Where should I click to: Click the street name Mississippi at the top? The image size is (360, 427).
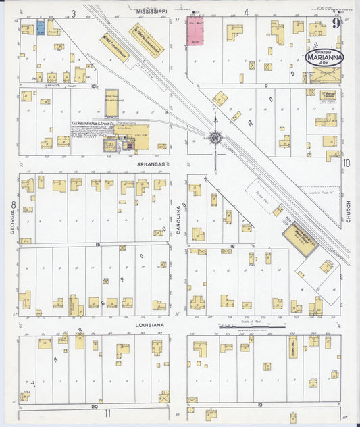coord(153,12)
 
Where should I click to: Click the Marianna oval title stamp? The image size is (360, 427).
coord(324,58)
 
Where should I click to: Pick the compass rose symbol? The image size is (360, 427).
coord(215,139)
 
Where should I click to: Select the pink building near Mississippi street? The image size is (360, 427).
coord(195,30)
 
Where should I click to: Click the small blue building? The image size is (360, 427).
coord(41,29)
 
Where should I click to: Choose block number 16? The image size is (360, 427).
coord(232,246)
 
